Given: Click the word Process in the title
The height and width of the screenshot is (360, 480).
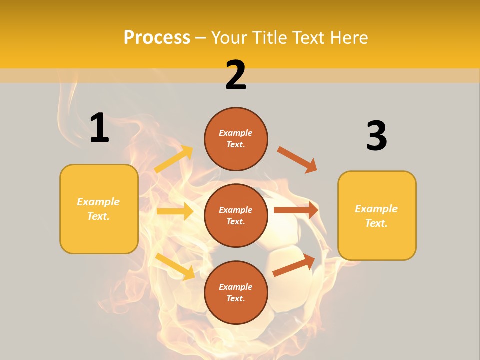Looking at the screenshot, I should click(x=157, y=37).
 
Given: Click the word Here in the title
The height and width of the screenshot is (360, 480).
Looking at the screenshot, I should click(x=348, y=37).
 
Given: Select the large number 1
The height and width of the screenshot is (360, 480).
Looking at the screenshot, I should click(x=99, y=128).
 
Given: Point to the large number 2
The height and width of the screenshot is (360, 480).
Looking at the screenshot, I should click(x=236, y=75).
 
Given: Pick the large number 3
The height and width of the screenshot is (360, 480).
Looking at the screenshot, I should click(x=376, y=136).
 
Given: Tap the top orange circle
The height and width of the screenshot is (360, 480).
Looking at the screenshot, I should click(x=236, y=139).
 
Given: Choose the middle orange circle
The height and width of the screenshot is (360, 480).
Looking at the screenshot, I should click(x=236, y=215).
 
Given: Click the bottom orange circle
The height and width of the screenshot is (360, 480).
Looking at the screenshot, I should click(x=236, y=292).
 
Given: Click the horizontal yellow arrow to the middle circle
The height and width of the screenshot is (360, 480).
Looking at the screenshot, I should click(x=175, y=211).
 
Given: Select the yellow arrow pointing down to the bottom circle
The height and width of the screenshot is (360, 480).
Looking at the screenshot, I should click(x=175, y=266).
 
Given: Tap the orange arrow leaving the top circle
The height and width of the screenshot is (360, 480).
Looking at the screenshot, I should click(x=297, y=159).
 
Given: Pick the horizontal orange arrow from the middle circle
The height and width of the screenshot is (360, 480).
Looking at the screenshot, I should click(x=296, y=210).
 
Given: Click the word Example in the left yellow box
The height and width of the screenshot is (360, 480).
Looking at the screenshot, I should click(x=98, y=202).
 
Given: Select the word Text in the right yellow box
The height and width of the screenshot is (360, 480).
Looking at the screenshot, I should click(x=375, y=223).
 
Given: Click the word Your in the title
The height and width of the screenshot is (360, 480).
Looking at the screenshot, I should click(x=229, y=37).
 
